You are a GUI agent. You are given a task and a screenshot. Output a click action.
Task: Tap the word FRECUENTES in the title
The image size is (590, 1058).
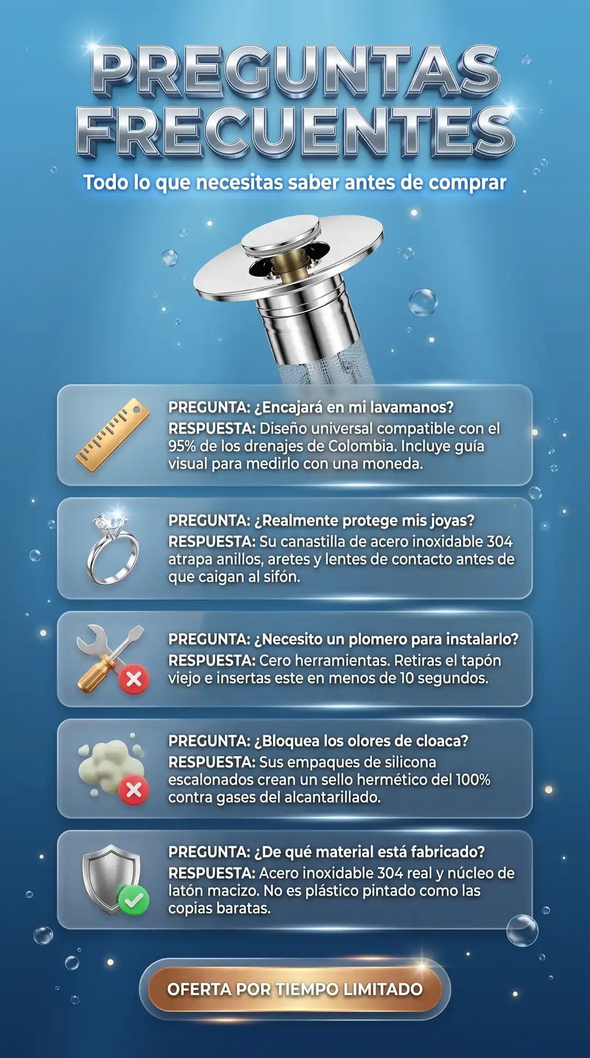[296, 131]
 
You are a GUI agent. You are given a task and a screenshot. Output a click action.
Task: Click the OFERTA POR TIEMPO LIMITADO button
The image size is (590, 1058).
[295, 989]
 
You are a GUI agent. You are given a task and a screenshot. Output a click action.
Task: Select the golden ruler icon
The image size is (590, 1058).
[113, 435]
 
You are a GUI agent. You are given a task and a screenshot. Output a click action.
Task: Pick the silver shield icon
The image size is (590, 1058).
[111, 879]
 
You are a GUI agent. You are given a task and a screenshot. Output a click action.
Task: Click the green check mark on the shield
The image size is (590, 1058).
[133, 899]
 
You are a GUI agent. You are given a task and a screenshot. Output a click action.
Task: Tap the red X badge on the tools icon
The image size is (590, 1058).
[134, 680]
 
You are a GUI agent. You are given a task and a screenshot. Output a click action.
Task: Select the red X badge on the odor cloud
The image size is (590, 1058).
[134, 790]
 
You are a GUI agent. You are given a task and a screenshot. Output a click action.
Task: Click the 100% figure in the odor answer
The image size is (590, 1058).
[473, 780]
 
